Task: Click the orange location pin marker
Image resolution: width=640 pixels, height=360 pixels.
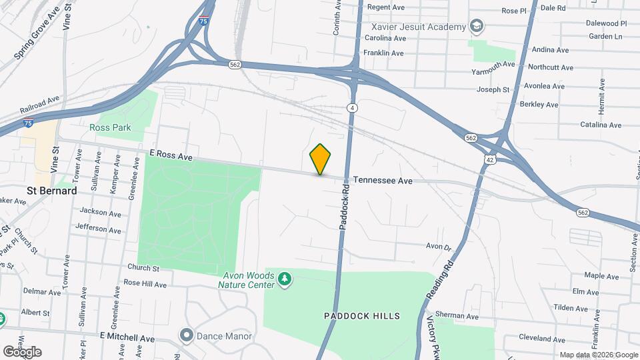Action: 321,159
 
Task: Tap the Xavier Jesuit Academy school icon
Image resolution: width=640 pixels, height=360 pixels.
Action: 477,27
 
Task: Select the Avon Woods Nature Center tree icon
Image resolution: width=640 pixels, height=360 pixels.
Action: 285,278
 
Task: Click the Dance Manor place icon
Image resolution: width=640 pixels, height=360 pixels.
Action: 186,335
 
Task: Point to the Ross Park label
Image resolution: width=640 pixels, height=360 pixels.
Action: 111,127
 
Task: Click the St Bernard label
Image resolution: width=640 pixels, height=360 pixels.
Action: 51,191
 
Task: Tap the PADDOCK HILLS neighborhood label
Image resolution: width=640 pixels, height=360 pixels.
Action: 361,316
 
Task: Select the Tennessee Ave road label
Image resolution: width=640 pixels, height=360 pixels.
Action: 383,181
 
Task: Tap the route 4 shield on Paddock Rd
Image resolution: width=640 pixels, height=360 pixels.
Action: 351,107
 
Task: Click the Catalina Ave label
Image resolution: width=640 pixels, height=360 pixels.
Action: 601,125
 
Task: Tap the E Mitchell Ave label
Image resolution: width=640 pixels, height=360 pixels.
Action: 127,339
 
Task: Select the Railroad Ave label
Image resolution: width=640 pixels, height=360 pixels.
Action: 39,106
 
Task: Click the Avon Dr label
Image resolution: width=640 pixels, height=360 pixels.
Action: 439,246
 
